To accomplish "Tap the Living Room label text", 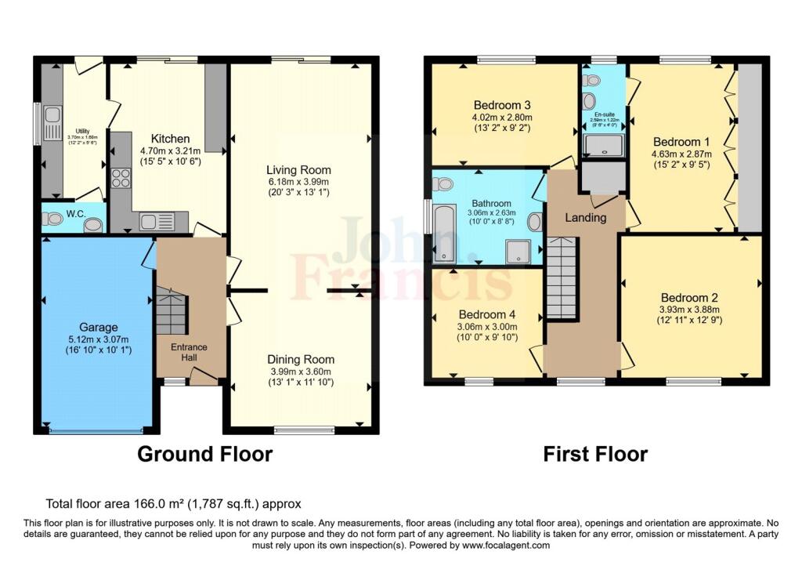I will (x=298, y=169).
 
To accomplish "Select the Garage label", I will (x=98, y=327).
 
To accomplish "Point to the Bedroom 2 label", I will (x=689, y=298).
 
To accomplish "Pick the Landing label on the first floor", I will (x=586, y=218).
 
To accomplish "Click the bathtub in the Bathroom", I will (x=445, y=232).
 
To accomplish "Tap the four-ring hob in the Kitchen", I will (x=121, y=179).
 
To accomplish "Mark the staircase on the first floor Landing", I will (x=561, y=279).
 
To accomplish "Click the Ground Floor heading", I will (x=205, y=454).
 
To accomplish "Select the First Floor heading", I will (x=596, y=454).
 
